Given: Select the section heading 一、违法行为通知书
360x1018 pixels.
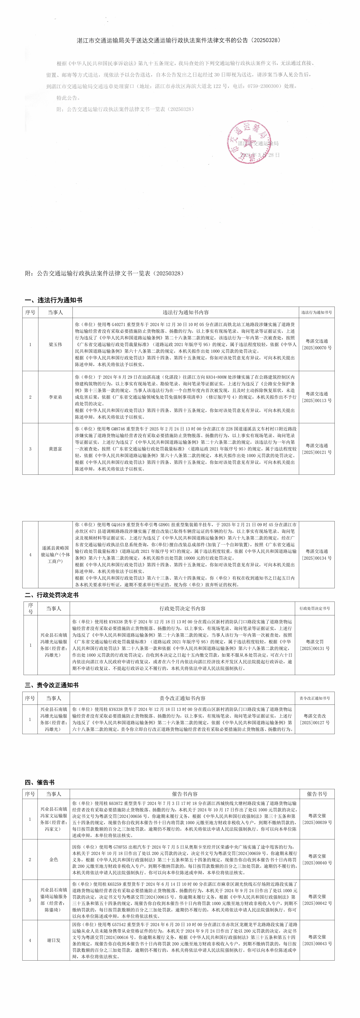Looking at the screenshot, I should pos(53,300).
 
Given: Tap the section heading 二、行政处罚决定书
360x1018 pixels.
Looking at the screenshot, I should pos(51,595).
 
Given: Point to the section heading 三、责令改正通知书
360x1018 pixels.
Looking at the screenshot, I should pos(51,685).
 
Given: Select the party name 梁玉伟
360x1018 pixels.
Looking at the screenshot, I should pos(55,344).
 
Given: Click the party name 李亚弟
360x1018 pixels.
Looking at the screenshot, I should pos(55,397).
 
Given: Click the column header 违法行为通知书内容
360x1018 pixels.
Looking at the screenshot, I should pos(186,312).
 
